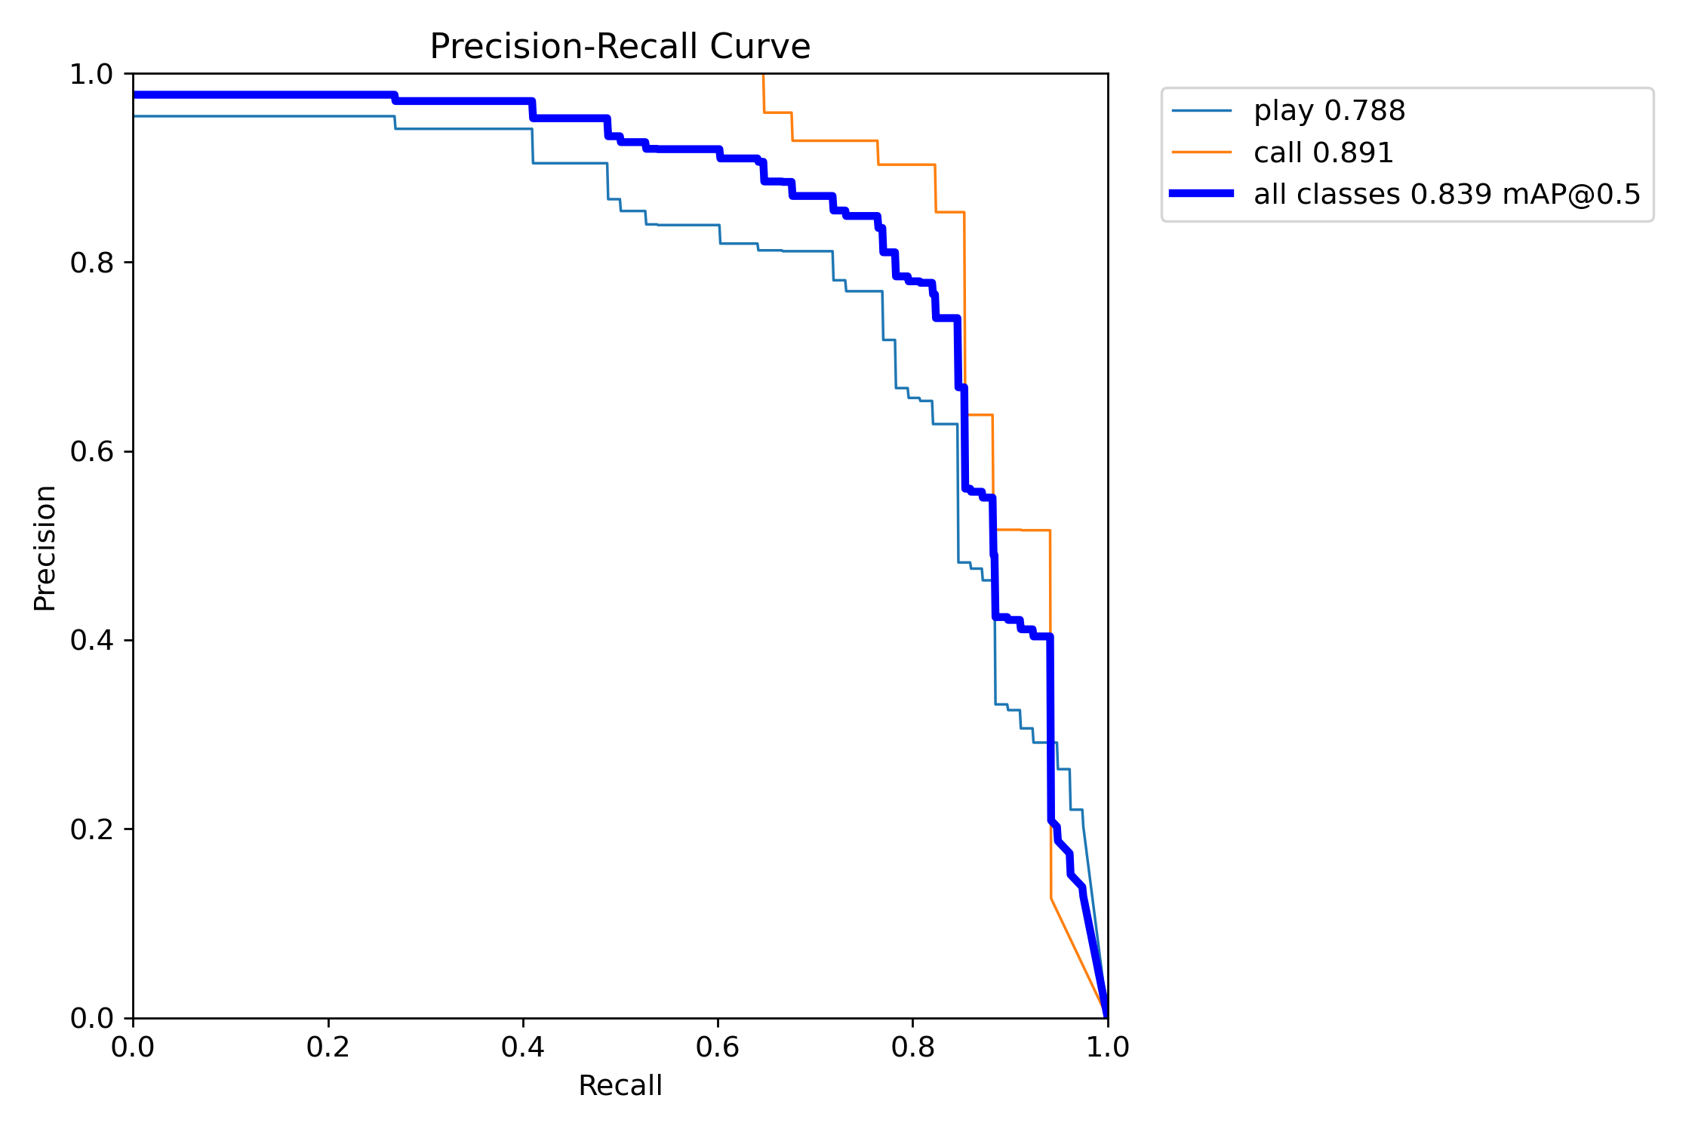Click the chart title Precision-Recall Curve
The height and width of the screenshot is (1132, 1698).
point(620,47)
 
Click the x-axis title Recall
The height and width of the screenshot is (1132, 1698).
point(620,1085)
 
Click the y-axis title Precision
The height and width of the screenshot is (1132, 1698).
point(45,548)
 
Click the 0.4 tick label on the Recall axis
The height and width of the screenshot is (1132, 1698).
point(523,1047)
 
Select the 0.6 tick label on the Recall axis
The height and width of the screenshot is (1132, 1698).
point(718,1047)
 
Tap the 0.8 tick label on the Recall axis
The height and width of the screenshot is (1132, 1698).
point(913,1047)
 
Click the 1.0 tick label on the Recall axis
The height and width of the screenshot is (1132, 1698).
point(1108,1047)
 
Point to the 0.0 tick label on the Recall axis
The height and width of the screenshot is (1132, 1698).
point(133,1047)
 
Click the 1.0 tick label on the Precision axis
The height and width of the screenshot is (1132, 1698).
point(91,75)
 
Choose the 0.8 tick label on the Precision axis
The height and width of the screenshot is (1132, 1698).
point(91,263)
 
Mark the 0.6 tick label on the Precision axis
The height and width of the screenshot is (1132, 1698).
point(91,451)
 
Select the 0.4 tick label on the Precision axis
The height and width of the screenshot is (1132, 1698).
point(91,640)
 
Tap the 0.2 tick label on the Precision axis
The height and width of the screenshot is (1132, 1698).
point(91,829)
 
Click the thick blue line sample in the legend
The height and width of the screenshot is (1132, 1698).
point(1201,194)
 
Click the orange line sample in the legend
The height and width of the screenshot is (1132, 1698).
point(1201,152)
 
